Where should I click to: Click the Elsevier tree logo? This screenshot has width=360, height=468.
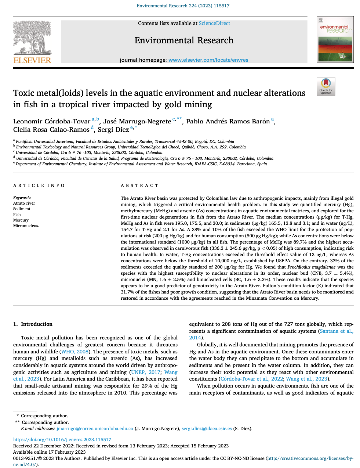[32, 38]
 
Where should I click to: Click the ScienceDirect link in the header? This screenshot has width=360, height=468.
[214, 23]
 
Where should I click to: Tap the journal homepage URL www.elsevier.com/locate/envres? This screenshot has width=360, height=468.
[208, 60]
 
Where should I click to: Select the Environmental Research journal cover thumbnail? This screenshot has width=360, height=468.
[335, 39]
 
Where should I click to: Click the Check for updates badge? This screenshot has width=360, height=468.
[326, 86]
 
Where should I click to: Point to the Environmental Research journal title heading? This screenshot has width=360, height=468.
[184, 40]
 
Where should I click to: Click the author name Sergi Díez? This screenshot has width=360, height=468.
[113, 129]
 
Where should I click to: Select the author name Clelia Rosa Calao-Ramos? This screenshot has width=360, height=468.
[51, 129]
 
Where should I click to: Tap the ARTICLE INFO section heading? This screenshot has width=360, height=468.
[39, 186]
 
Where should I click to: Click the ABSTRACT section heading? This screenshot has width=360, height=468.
[140, 186]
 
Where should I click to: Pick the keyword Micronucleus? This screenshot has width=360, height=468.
[26, 226]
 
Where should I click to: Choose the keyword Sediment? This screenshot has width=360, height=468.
[22, 209]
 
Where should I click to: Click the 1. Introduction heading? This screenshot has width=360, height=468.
[33, 324]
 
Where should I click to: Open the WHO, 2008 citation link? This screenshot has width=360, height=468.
[75, 352]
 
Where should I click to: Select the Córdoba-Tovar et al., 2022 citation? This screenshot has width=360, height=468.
[252, 379]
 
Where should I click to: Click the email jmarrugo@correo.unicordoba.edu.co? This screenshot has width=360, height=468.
[95, 428]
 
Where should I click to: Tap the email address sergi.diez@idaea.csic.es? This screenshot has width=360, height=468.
[207, 428]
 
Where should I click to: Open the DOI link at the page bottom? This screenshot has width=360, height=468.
[62, 439]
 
